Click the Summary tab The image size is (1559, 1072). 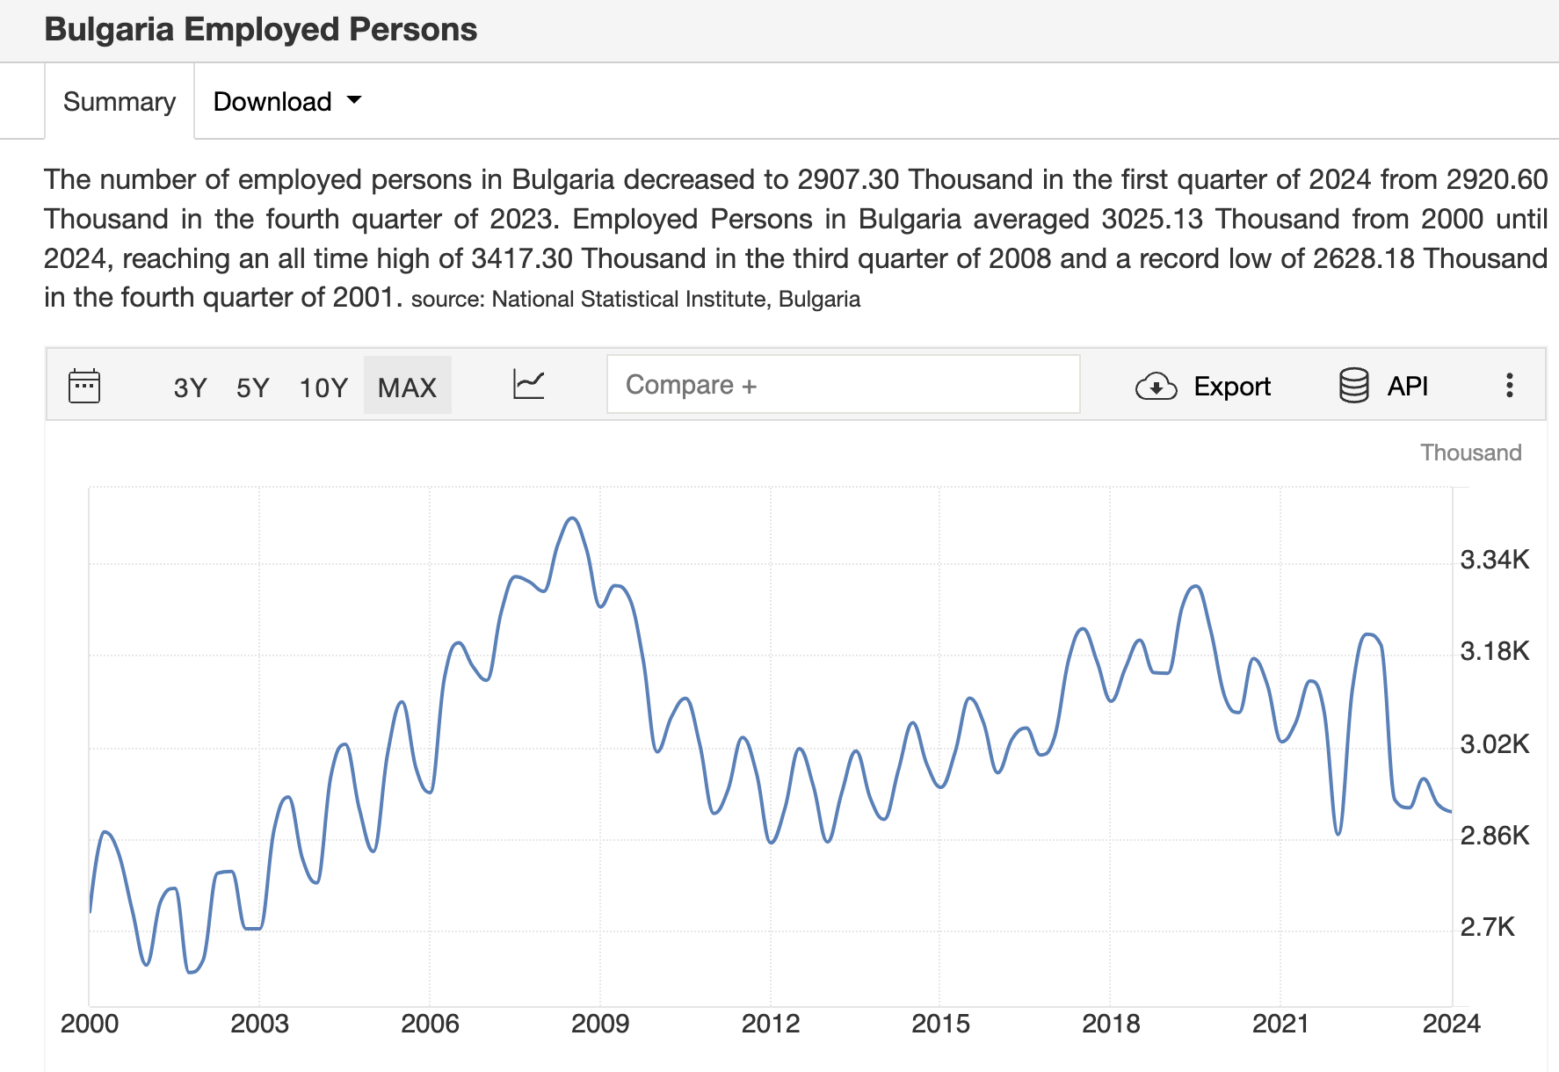pyautogui.click(x=120, y=102)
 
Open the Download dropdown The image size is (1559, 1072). pyautogui.click(x=287, y=102)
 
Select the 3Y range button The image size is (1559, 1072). pyautogui.click(x=190, y=388)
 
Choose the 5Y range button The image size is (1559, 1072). pyautogui.click(x=252, y=388)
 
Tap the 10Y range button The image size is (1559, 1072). pyautogui.click(x=323, y=388)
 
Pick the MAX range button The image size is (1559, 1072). pyautogui.click(x=407, y=388)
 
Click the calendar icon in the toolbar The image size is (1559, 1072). pyautogui.click(x=84, y=386)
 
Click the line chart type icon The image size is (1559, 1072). pyautogui.click(x=528, y=385)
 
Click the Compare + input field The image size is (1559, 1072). pyautogui.click(x=843, y=385)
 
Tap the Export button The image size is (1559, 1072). pyautogui.click(x=1203, y=386)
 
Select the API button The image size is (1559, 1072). pyautogui.click(x=1383, y=386)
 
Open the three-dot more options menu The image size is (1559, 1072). pyautogui.click(x=1509, y=385)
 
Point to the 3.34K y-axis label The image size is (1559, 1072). pyautogui.click(x=1494, y=560)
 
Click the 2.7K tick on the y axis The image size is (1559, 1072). pyautogui.click(x=1487, y=927)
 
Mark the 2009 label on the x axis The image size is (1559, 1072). pyautogui.click(x=600, y=1024)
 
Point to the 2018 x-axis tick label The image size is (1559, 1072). pyautogui.click(x=1111, y=1024)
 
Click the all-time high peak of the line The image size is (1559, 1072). pyautogui.click(x=573, y=518)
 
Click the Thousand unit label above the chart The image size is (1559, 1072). pyautogui.click(x=1470, y=453)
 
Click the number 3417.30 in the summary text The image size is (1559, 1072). pyautogui.click(x=522, y=258)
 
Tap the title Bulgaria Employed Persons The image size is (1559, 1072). pyautogui.click(x=261, y=30)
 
